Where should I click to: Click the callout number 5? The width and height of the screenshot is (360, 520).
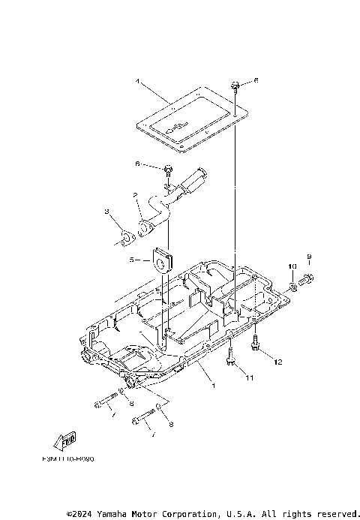(130, 260)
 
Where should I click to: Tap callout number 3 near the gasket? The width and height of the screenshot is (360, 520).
(107, 212)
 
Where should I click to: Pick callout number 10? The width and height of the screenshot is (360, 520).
(292, 266)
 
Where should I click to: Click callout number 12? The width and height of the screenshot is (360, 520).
(277, 362)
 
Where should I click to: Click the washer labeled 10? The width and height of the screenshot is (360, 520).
(291, 286)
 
